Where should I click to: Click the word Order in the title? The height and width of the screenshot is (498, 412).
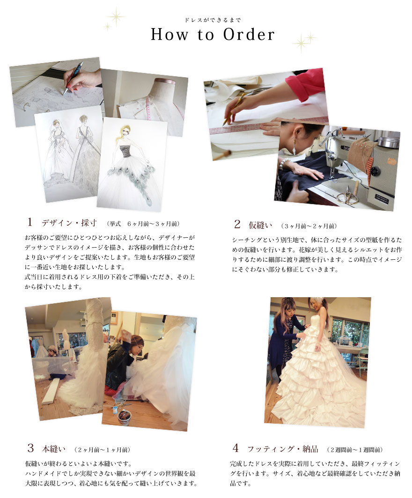[249, 35]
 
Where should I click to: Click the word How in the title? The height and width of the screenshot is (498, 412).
[169, 35]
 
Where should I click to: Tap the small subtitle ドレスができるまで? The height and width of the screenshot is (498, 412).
[213, 20]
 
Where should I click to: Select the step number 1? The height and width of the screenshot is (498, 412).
[30, 222]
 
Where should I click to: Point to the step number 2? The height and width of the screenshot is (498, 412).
[237, 224]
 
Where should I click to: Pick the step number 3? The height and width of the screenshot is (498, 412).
[30, 448]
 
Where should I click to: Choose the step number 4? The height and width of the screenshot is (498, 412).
[235, 448]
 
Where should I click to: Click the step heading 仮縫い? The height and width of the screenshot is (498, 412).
[260, 225]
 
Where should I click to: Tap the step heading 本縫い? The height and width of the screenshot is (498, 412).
[54, 449]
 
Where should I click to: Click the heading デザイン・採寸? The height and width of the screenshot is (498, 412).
[69, 223]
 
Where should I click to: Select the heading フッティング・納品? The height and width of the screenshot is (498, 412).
[283, 449]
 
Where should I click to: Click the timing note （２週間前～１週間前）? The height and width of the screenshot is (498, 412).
[355, 450]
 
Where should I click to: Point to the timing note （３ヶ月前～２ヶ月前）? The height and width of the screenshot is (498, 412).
[309, 226]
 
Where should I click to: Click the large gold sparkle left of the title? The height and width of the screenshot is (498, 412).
[116, 16]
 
